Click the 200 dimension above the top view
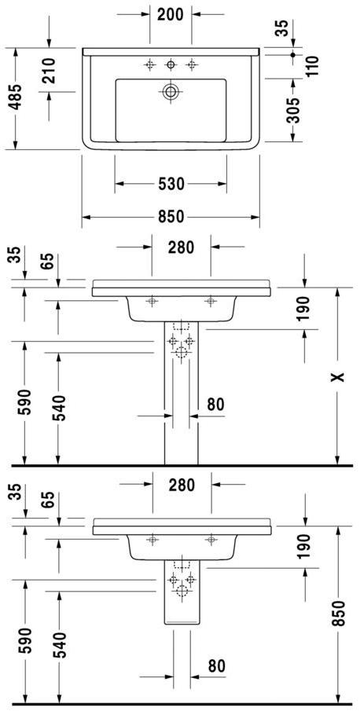coord(171,13)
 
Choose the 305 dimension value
coord(292,112)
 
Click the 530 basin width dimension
coord(171,184)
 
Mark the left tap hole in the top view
coord(149,64)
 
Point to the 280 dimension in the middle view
coord(181,247)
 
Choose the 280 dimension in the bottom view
coord(181,485)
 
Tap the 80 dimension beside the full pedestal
coord(215,405)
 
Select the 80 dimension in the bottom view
coord(215,665)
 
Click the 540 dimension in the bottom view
coord(59,644)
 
